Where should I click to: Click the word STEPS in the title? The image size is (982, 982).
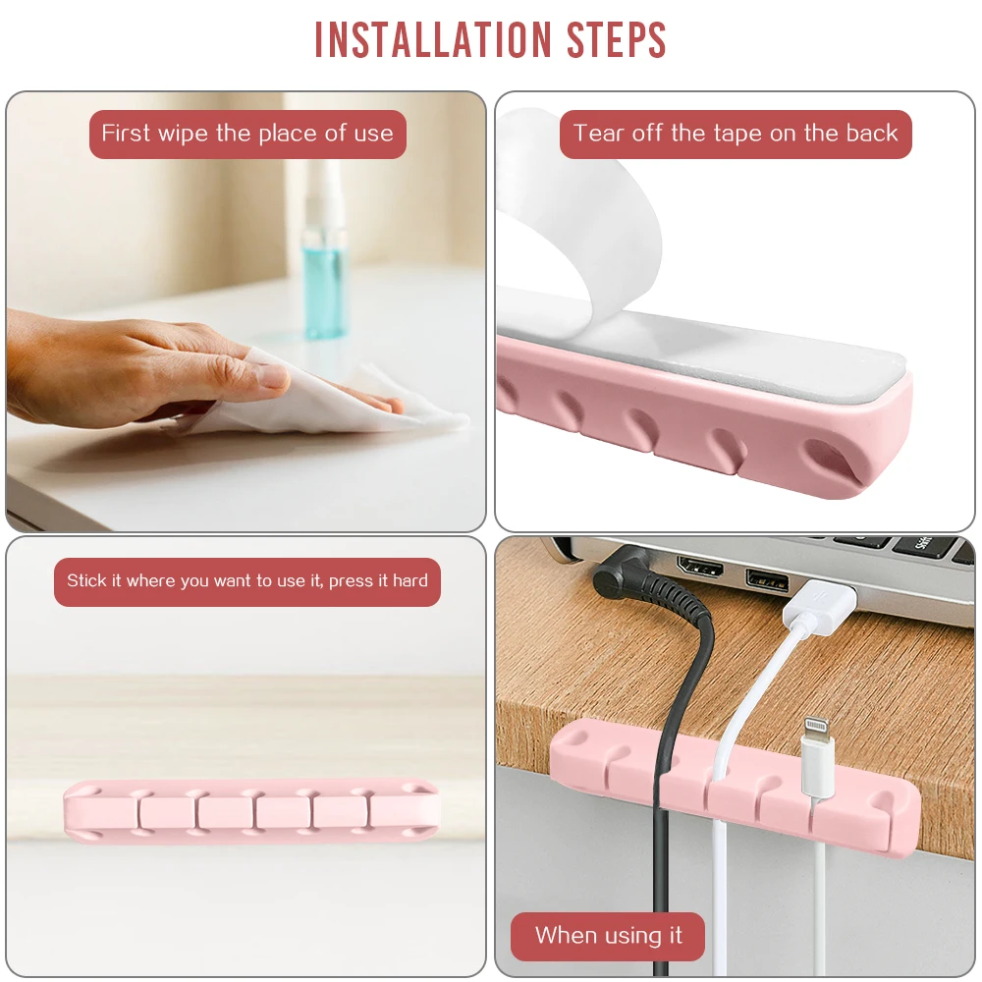click(617, 40)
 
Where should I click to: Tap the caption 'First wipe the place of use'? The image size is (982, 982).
click(247, 134)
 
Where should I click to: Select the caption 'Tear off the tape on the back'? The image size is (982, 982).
click(736, 134)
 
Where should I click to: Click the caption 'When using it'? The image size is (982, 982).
click(608, 936)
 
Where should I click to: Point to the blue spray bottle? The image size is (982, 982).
click(324, 250)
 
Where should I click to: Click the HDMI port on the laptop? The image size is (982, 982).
click(700, 567)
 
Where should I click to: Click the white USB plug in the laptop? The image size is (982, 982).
click(819, 606)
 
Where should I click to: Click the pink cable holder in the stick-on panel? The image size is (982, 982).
click(251, 811)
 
